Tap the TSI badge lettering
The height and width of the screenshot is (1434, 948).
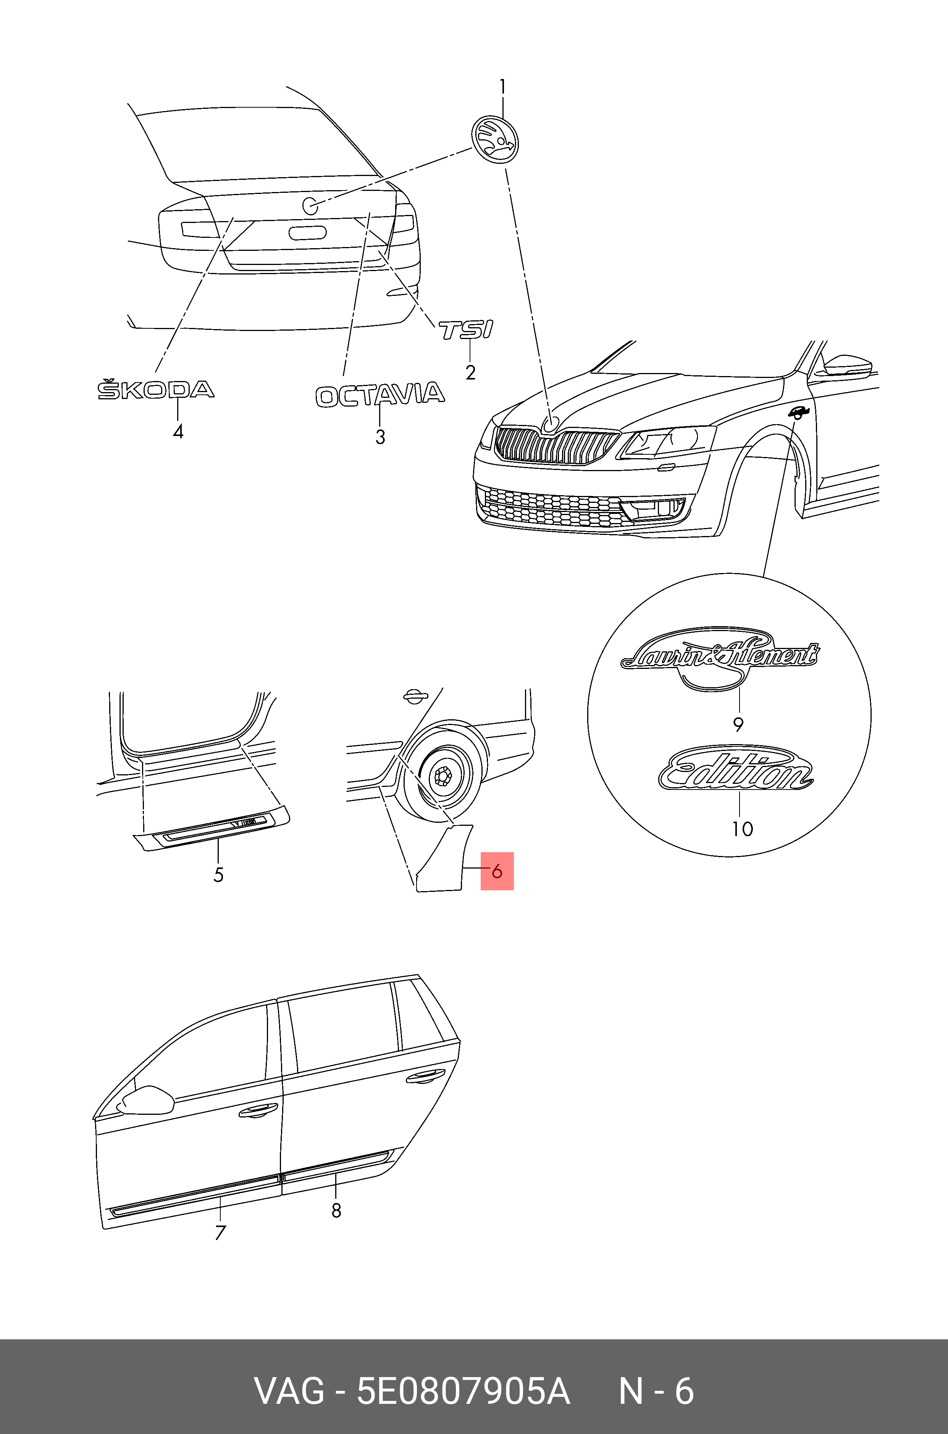(x=465, y=330)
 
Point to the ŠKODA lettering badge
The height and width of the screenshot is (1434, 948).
(x=156, y=390)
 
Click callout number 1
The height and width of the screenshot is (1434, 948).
(x=502, y=88)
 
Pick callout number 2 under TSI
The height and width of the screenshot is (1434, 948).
(x=470, y=372)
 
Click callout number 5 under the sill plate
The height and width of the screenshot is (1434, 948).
(x=218, y=874)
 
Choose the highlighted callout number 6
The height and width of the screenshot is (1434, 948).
(x=497, y=871)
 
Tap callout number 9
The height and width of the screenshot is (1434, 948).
(x=738, y=724)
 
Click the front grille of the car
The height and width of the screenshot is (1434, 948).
(x=553, y=449)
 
